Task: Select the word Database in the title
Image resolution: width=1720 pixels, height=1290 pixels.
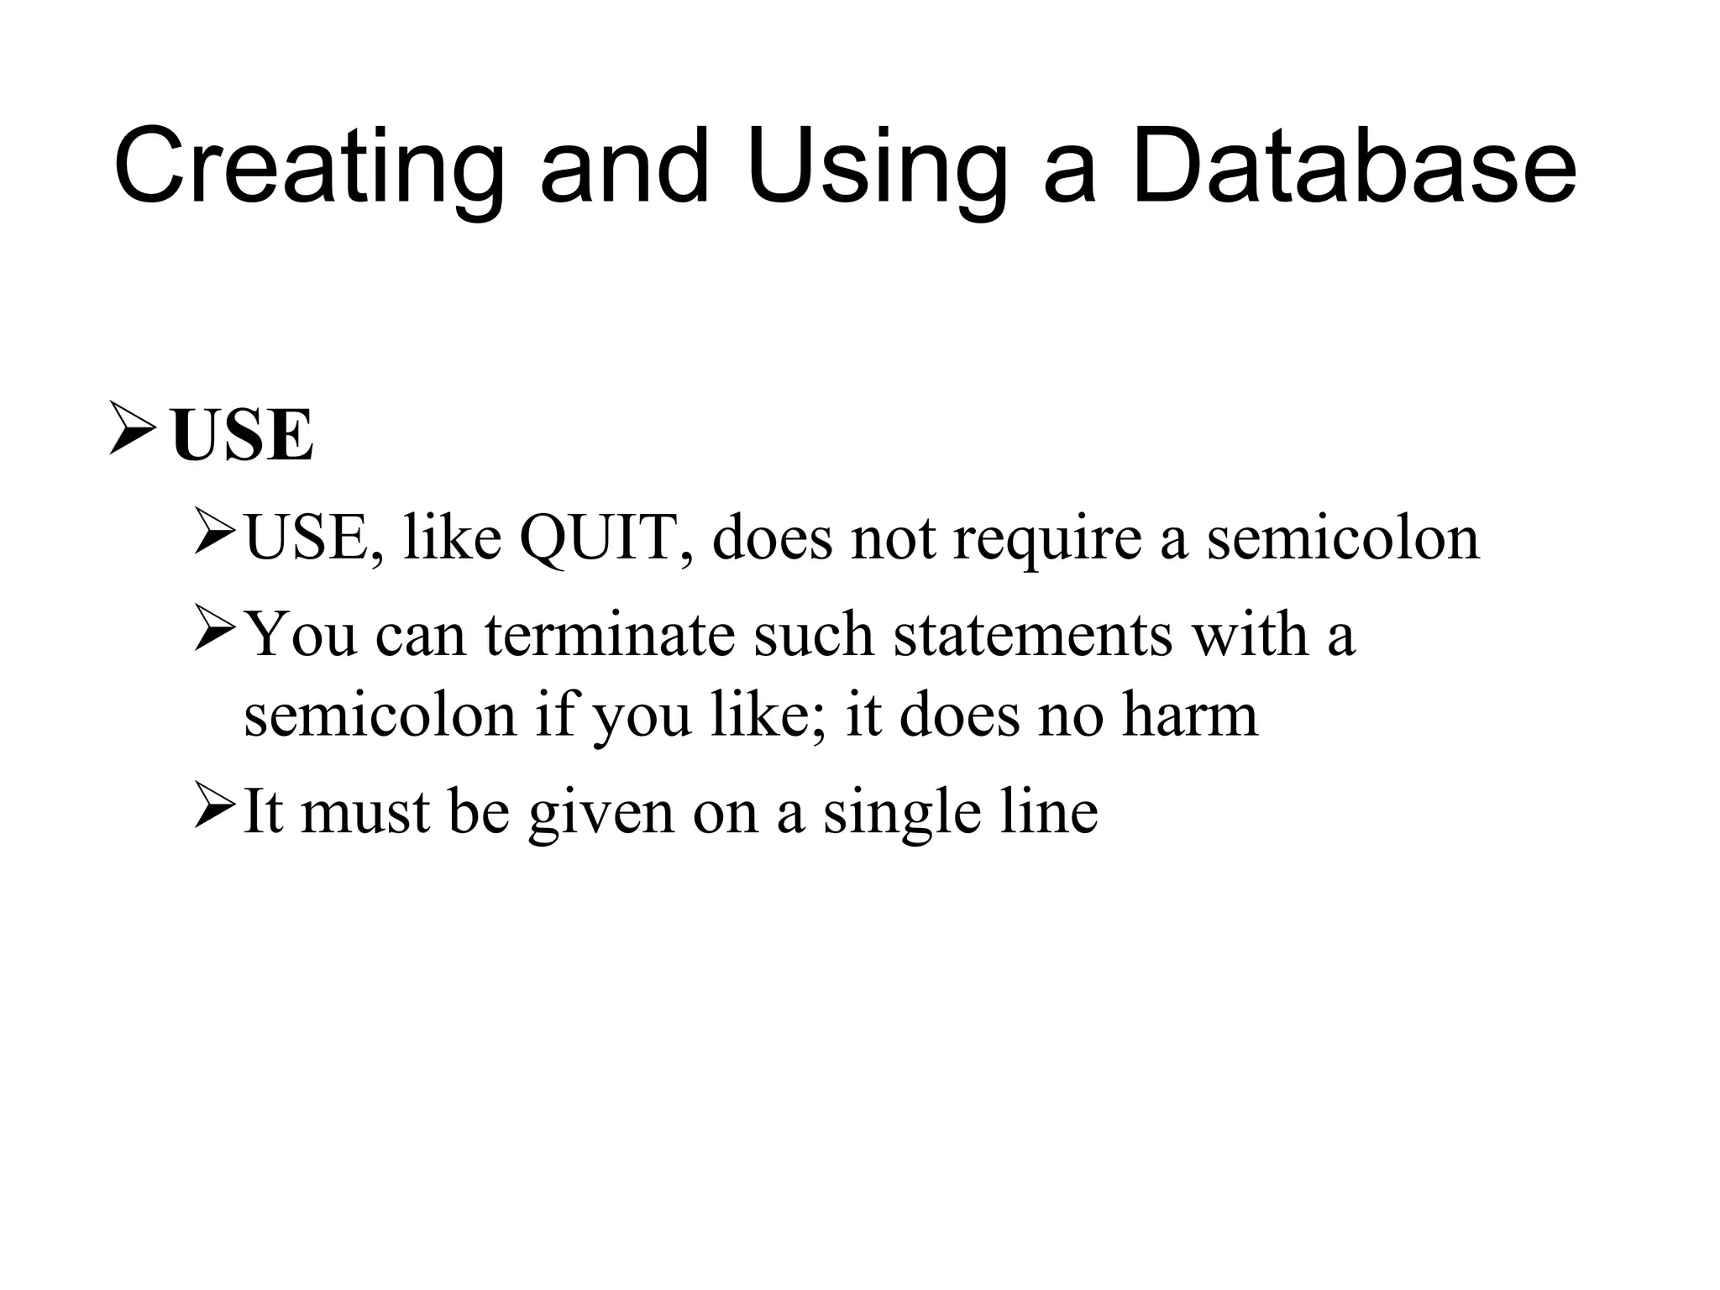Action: click(x=1353, y=165)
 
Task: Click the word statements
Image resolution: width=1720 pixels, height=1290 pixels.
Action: click(x=1032, y=634)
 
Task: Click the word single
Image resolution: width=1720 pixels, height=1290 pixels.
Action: click(x=901, y=814)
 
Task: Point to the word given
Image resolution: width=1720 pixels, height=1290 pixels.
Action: click(x=601, y=814)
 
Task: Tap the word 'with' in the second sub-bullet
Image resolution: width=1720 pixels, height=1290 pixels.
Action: click(x=1249, y=634)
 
